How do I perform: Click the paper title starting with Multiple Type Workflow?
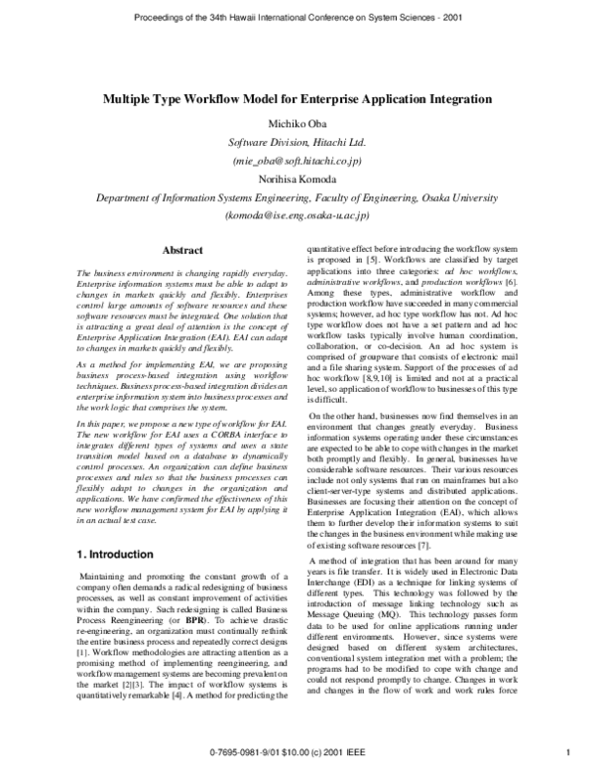(x=297, y=100)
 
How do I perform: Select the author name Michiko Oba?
(x=297, y=122)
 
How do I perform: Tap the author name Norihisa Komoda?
(x=297, y=180)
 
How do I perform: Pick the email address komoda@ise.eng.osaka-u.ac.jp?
(x=297, y=215)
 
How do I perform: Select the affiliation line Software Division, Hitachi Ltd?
(x=297, y=141)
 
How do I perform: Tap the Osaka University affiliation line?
(x=297, y=197)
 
